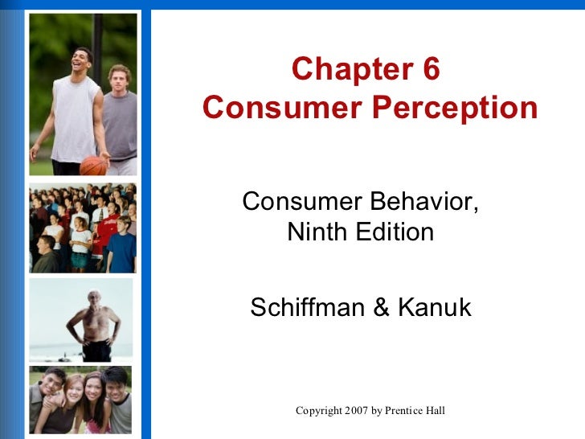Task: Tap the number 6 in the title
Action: pos(431,70)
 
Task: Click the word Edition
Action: pos(396,232)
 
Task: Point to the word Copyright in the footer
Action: pos(321,411)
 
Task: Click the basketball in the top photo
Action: pos(93,165)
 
